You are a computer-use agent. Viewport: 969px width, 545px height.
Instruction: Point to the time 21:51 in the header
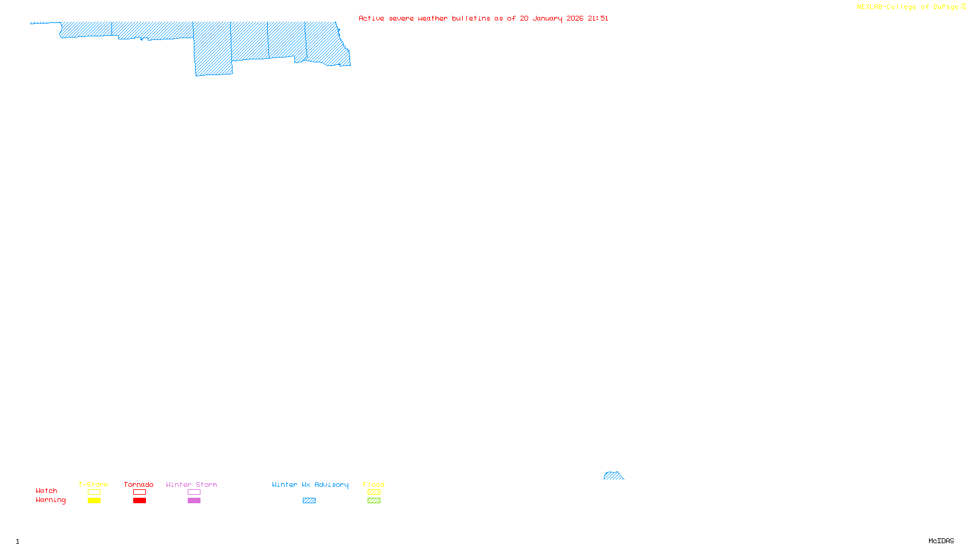pos(598,18)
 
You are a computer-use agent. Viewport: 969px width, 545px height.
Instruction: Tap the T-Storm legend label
pos(93,484)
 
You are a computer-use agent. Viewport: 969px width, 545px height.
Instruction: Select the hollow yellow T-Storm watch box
pos(94,492)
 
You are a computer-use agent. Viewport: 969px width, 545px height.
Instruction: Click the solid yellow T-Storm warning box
pos(94,501)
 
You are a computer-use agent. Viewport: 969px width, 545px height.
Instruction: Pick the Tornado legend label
pos(139,484)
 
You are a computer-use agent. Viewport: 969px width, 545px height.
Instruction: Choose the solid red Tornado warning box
pos(139,501)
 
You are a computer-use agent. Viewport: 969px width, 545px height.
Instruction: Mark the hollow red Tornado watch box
pos(139,492)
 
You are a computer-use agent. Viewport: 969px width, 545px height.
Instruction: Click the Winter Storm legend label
pos(191,484)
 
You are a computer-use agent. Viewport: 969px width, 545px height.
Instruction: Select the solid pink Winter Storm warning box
pos(194,501)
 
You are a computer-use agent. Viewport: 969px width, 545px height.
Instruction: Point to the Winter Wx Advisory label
pos(310,484)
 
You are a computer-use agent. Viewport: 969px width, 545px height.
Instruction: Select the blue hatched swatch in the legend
pos(309,501)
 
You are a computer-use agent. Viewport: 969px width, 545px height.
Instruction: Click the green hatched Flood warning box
pos(374,501)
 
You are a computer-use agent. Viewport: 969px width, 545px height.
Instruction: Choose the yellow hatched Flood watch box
pos(374,492)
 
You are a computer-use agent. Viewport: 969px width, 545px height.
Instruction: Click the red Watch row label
pos(47,491)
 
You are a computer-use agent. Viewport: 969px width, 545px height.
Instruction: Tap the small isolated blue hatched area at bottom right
pos(613,476)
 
